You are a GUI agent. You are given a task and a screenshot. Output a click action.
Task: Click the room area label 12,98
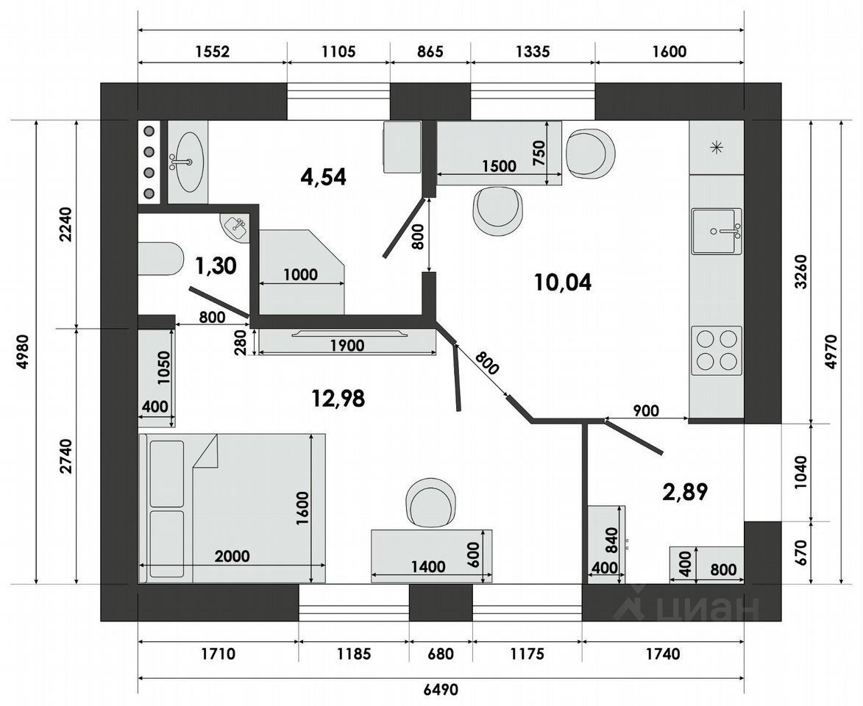tap(338, 398)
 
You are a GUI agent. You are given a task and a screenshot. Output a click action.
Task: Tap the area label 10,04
tap(563, 282)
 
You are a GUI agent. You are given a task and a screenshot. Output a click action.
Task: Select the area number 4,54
tap(324, 176)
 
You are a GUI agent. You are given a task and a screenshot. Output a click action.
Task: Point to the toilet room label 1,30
tap(216, 265)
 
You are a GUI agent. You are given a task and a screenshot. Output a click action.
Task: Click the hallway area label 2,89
tap(685, 491)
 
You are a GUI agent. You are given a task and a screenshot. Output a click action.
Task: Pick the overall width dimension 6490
tap(441, 690)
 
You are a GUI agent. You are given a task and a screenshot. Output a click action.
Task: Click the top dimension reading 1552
tap(212, 51)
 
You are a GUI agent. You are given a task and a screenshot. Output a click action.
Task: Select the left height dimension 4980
tap(23, 352)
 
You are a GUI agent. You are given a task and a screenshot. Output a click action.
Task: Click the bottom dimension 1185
tap(354, 654)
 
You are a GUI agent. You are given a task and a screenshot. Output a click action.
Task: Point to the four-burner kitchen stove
tap(717, 350)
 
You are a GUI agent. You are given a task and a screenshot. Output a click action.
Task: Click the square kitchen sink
tap(717, 231)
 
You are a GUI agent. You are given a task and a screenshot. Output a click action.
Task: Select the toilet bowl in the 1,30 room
tap(160, 258)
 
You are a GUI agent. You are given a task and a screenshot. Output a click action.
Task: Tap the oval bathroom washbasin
tap(188, 162)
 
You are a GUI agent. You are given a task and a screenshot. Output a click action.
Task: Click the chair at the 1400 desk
tap(431, 502)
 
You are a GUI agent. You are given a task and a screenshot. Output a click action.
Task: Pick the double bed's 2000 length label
tap(232, 556)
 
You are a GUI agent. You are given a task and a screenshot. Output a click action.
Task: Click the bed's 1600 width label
tap(302, 508)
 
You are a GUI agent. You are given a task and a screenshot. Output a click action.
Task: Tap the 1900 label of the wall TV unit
tap(347, 346)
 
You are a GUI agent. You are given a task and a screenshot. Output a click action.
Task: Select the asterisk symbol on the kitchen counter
tap(716, 147)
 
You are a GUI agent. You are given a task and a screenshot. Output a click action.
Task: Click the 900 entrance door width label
tap(646, 410)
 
